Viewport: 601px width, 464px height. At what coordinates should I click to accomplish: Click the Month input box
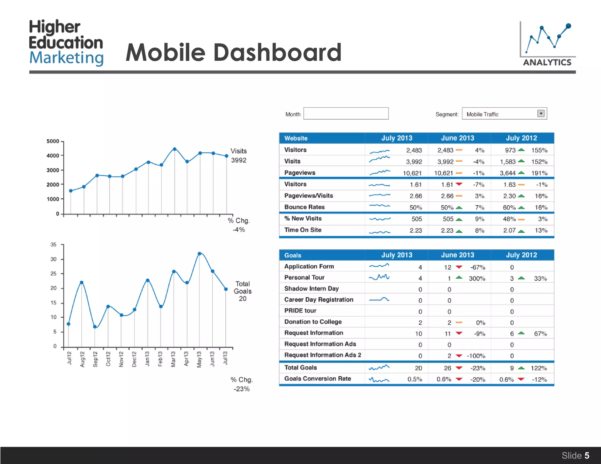click(346, 114)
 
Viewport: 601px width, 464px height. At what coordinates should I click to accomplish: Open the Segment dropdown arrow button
click(541, 114)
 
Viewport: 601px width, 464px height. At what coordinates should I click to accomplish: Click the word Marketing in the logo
click(66, 58)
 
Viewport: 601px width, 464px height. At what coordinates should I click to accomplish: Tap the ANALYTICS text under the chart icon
click(547, 62)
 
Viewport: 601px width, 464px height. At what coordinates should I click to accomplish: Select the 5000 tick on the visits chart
click(53, 141)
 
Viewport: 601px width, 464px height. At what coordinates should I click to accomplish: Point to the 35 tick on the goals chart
click(53, 245)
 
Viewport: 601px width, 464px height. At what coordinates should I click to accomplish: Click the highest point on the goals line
click(200, 254)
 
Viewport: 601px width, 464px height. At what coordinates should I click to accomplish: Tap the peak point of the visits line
click(175, 149)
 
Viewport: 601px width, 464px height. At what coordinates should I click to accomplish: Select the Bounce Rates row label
click(304, 207)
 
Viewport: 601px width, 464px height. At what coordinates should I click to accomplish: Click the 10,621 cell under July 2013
click(412, 173)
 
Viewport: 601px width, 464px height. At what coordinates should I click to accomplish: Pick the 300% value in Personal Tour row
click(477, 278)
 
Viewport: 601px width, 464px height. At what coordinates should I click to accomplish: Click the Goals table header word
click(293, 255)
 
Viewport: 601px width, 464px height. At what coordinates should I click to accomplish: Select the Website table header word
click(296, 138)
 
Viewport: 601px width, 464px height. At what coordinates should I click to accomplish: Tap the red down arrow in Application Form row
click(459, 267)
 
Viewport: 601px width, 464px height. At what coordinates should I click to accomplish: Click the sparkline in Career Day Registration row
click(379, 299)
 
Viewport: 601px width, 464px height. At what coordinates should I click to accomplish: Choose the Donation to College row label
click(313, 322)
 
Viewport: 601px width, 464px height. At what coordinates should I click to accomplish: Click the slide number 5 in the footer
click(587, 455)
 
